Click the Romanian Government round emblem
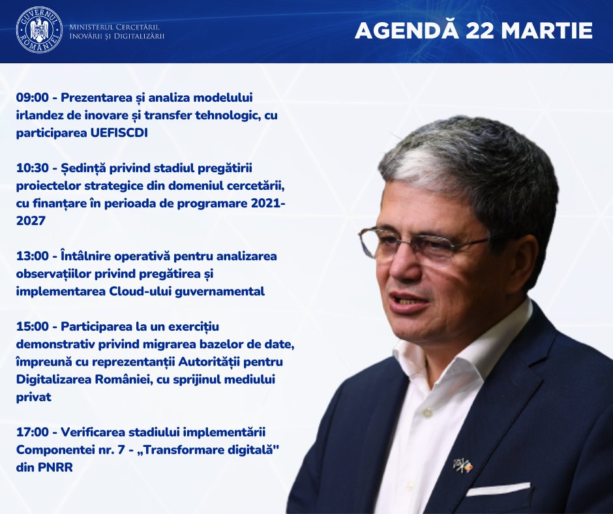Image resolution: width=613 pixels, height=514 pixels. click(x=39, y=29)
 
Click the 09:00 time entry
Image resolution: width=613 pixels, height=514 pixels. click(x=33, y=97)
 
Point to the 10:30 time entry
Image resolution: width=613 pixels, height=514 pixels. click(x=33, y=168)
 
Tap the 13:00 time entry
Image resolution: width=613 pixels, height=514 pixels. click(x=33, y=256)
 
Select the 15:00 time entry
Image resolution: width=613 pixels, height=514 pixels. click(x=33, y=327)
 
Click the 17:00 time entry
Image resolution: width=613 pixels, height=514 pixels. click(x=33, y=432)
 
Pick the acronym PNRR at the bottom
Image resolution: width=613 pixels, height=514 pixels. click(x=55, y=468)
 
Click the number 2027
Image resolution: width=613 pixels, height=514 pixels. click(x=31, y=221)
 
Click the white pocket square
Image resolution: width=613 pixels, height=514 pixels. click(x=498, y=489)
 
